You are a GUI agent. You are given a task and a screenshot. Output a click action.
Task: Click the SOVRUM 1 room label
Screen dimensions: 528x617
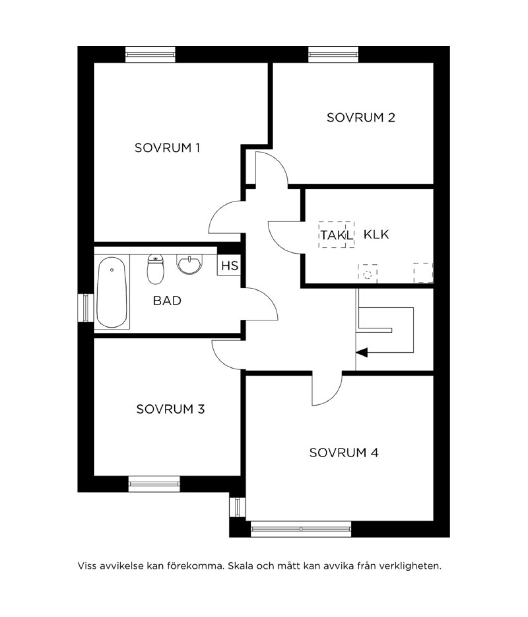167,148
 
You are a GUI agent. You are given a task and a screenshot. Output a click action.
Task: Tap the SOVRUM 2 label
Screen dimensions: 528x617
361,118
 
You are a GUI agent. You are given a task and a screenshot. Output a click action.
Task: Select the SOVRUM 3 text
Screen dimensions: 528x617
170,409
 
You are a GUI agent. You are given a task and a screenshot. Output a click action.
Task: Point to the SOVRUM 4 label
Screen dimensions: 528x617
344,453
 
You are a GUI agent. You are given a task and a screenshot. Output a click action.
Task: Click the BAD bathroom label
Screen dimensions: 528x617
167,301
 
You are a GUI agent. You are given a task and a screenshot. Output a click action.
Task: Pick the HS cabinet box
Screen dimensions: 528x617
229,265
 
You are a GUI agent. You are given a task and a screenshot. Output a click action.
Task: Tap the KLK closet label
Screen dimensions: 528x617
376,234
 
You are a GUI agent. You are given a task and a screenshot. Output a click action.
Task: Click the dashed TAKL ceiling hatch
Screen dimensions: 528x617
336,235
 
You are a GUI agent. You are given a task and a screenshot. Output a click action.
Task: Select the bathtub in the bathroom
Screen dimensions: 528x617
112,292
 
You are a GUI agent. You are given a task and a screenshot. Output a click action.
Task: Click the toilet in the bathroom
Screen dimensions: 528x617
155,269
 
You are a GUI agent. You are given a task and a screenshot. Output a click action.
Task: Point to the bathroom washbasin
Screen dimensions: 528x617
190,264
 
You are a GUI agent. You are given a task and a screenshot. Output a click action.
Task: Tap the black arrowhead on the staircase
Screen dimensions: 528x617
362,352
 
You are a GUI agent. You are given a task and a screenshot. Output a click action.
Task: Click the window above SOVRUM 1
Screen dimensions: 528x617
150,55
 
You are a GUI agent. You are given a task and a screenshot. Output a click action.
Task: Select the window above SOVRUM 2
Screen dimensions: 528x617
333,55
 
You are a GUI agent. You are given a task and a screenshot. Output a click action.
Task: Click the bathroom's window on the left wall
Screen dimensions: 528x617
86,308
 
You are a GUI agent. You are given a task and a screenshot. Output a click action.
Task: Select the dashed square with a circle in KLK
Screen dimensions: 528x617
367,274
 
